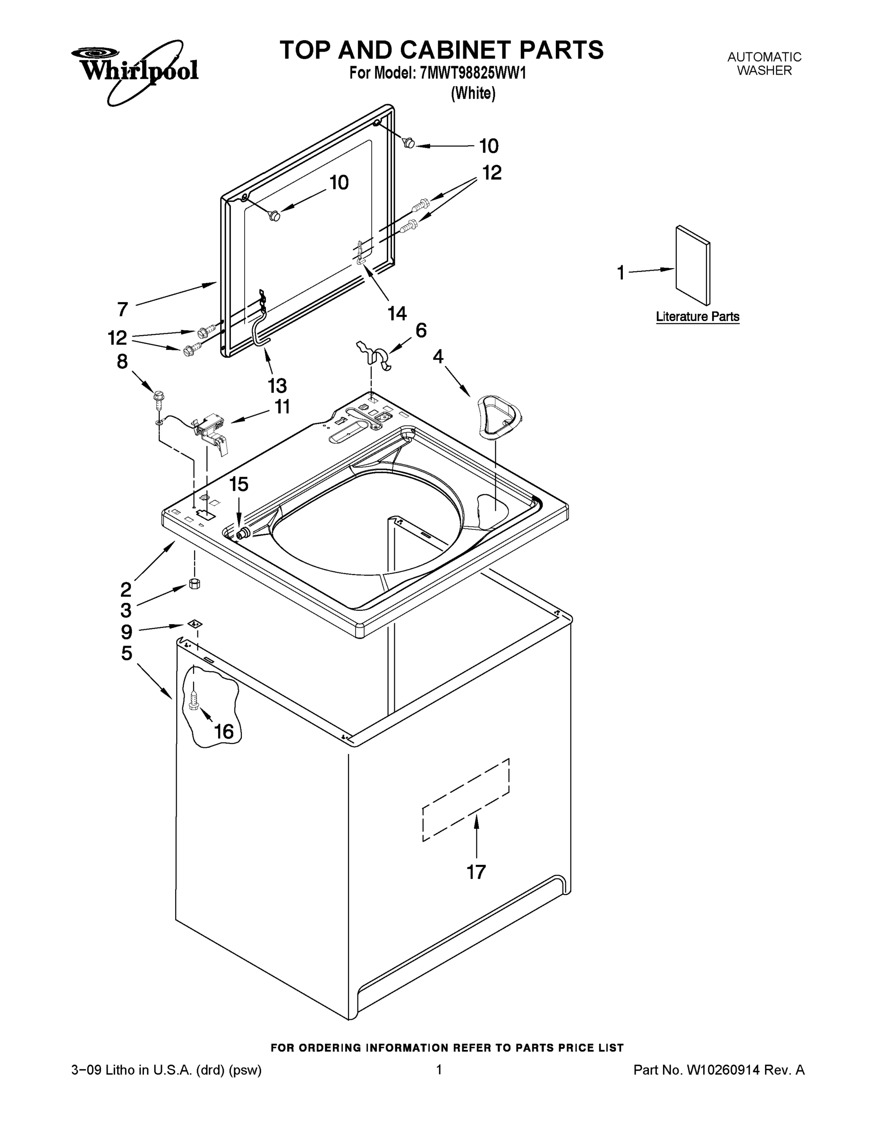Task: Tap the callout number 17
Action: click(476, 872)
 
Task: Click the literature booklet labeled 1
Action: click(693, 265)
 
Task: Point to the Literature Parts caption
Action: click(697, 316)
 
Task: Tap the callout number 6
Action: click(421, 330)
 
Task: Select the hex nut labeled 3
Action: click(195, 583)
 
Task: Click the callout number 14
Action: click(397, 313)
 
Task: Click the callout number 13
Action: click(277, 385)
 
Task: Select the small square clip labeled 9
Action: click(195, 624)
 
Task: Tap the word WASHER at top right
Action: click(764, 71)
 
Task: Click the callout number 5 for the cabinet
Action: click(127, 653)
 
